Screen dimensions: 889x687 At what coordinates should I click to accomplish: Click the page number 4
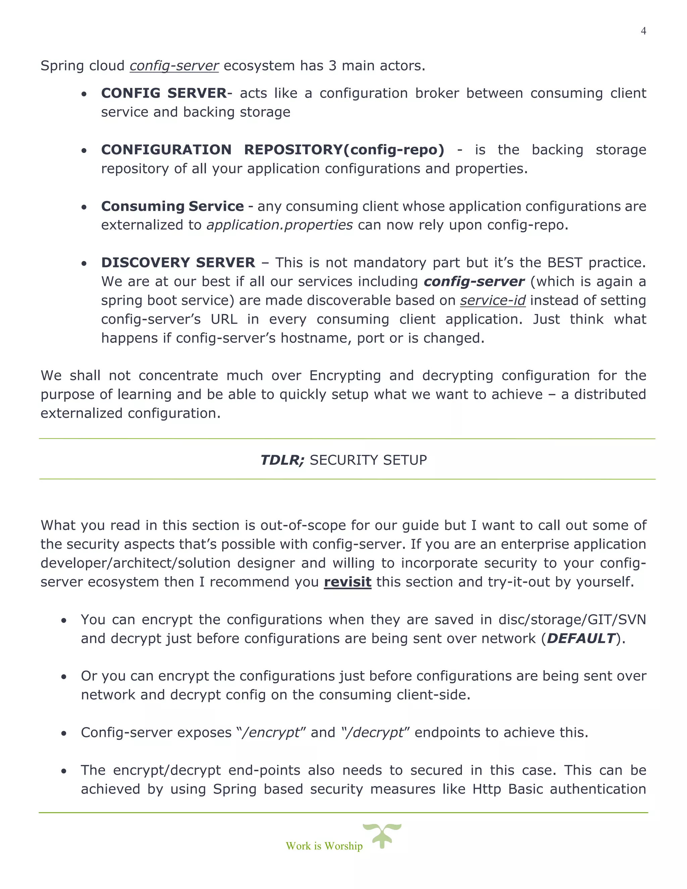pos(643,31)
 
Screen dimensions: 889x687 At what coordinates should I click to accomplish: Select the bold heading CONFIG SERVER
pos(164,93)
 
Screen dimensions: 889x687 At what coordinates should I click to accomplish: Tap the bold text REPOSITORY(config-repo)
pos(344,150)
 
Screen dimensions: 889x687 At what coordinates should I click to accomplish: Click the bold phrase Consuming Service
pos(172,206)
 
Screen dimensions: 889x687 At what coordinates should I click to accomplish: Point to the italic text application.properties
pos(280,225)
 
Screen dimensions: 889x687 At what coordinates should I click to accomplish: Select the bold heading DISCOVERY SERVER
pos(178,263)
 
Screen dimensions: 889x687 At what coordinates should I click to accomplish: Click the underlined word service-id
pos(492,300)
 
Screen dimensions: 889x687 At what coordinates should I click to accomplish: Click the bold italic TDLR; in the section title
pos(282,460)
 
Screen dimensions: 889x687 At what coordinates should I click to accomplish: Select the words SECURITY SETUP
pos(368,460)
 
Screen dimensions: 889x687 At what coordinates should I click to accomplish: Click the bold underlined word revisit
pos(347,582)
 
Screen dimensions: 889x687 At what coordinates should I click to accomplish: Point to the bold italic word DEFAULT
pos(580,638)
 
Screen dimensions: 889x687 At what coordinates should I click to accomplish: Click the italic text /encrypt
pos(271,733)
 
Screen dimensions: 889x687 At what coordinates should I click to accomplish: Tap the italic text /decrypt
pos(373,733)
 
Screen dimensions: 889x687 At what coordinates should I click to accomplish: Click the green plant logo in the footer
pos(382,835)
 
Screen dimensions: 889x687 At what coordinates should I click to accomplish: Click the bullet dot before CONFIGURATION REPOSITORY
pos(84,151)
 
